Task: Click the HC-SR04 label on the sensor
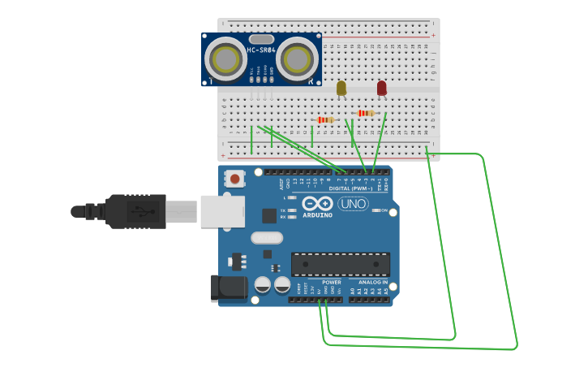click(x=261, y=50)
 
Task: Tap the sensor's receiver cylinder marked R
click(x=298, y=58)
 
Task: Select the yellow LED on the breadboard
click(x=341, y=88)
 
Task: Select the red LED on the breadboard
click(x=382, y=87)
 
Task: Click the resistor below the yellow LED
click(x=325, y=120)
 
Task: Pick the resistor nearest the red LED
click(x=366, y=114)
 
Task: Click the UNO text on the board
click(x=353, y=204)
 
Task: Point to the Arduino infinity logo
click(x=317, y=203)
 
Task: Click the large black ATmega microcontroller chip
click(x=340, y=264)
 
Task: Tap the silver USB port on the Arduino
click(x=222, y=211)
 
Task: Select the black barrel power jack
click(x=229, y=288)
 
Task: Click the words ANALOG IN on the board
click(x=373, y=282)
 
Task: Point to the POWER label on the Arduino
click(x=332, y=282)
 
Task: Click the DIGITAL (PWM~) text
click(x=350, y=188)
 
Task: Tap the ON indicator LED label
click(x=383, y=210)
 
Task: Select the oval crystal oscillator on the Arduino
click(x=267, y=238)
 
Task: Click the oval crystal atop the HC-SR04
click(x=261, y=39)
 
